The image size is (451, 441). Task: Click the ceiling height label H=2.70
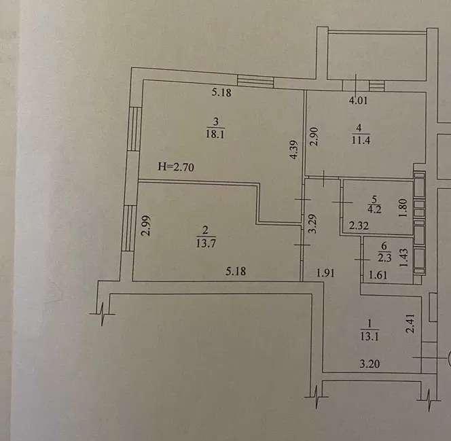click(176, 166)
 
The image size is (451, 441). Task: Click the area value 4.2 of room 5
click(374, 209)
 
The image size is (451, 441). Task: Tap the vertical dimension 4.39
click(293, 149)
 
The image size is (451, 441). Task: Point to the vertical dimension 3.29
click(312, 224)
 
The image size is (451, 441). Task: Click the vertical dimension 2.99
click(145, 225)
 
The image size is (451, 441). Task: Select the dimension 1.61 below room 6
click(377, 275)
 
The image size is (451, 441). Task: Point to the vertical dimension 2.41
click(409, 321)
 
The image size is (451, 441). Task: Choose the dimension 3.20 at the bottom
click(369, 364)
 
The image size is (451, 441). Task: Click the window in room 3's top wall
click(255, 82)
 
